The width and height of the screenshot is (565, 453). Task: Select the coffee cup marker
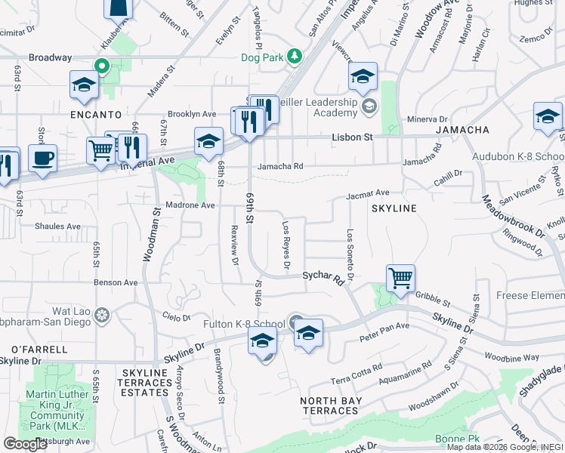(x=42, y=159)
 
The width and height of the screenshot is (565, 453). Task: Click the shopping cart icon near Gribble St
(x=400, y=277)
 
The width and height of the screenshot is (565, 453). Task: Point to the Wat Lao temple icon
(x=102, y=313)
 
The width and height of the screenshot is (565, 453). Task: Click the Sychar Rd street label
(x=324, y=278)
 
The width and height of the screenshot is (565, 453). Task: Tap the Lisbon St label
(x=353, y=137)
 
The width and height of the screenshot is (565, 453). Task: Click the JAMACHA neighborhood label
(x=462, y=130)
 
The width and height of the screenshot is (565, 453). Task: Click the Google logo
(x=25, y=443)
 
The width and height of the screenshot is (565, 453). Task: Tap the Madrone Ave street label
(x=191, y=205)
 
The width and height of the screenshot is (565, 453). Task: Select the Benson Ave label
(x=115, y=282)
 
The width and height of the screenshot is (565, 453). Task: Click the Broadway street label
(x=50, y=57)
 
